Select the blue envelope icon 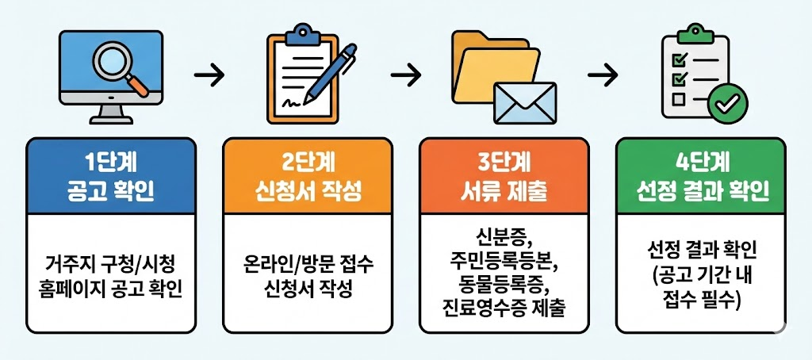(x=523, y=101)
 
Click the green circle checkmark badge (x=728, y=101)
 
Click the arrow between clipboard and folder (x=406, y=76)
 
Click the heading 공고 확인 (x=111, y=191)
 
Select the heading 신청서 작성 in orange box (x=308, y=191)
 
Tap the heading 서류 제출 (x=504, y=191)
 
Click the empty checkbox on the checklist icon (x=679, y=99)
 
